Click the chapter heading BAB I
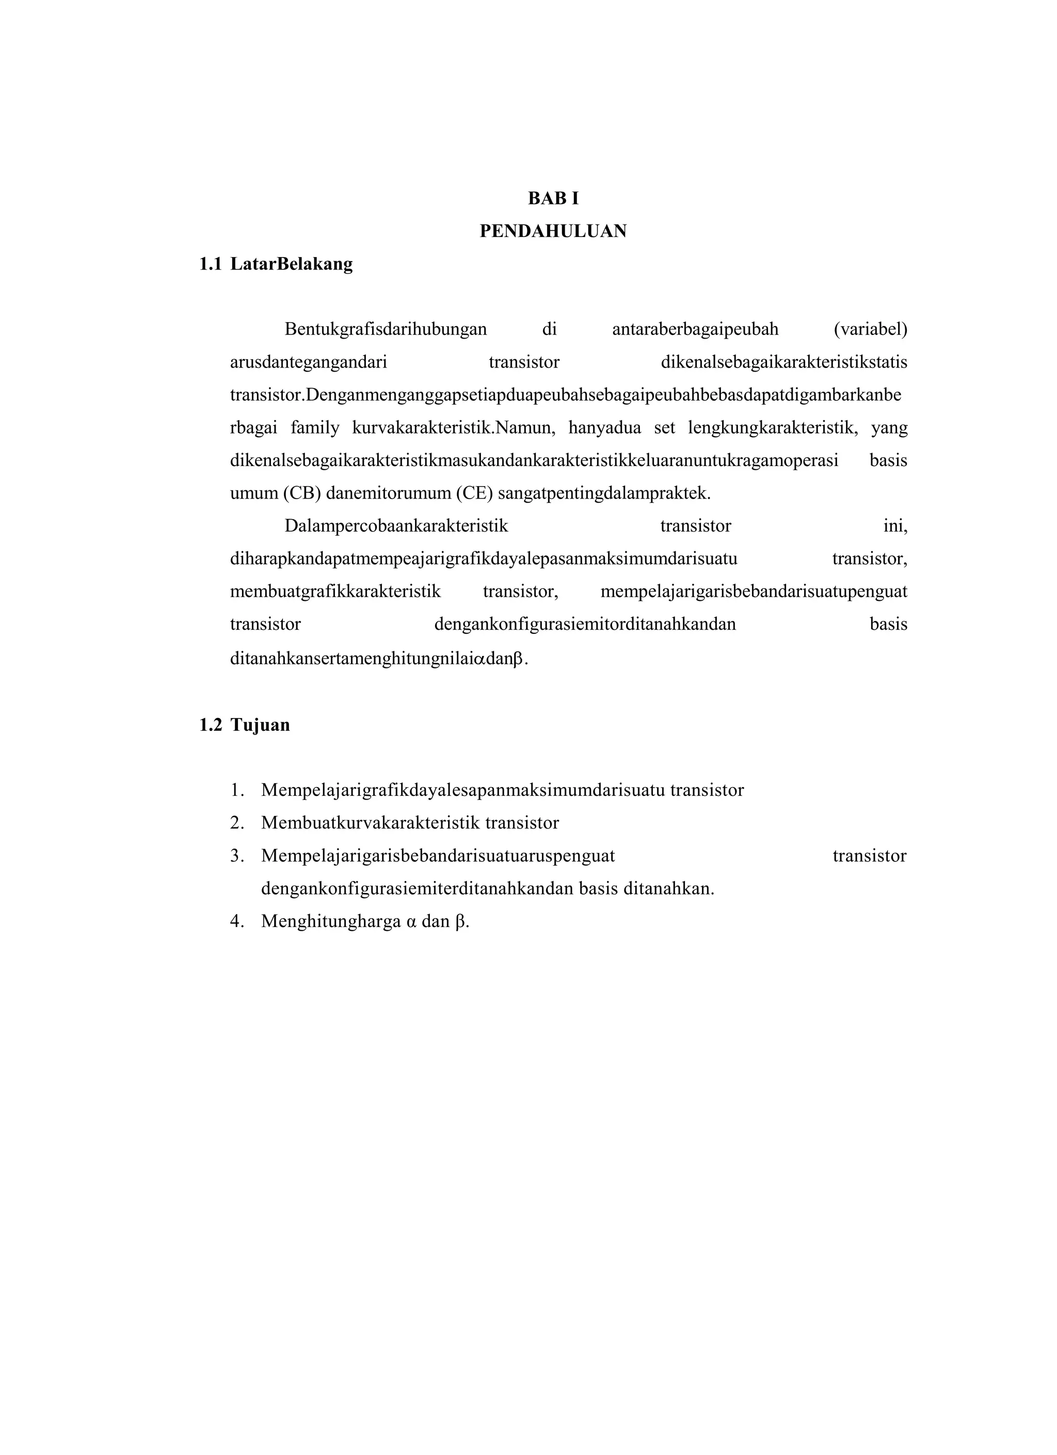click(x=553, y=199)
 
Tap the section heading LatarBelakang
click(x=291, y=264)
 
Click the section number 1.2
click(x=211, y=725)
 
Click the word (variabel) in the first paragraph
click(x=870, y=329)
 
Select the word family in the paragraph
click(x=315, y=428)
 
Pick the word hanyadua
click(x=605, y=428)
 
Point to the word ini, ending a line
click(x=895, y=526)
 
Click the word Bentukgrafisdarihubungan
click(x=386, y=329)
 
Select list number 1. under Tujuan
click(x=237, y=790)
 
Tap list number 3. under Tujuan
click(x=237, y=856)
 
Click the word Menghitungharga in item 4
click(x=330, y=922)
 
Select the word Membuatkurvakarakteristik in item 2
click(x=370, y=823)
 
